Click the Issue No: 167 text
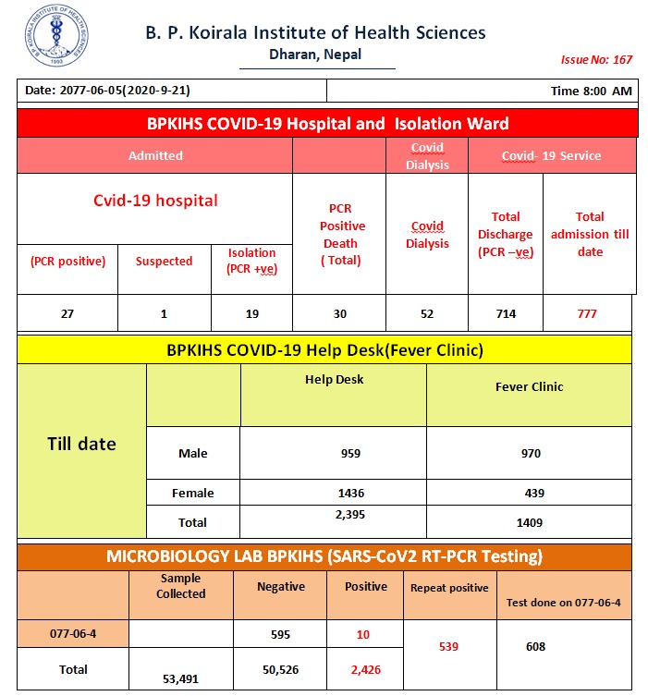(x=596, y=60)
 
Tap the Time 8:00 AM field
(x=591, y=92)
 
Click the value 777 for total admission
(x=586, y=313)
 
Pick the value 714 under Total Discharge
(x=505, y=313)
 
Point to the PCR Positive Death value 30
(x=339, y=313)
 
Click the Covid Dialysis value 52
(x=426, y=313)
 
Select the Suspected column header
(x=164, y=262)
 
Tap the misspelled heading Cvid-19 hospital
(x=155, y=201)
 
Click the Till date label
(x=81, y=445)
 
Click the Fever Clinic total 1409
(x=530, y=522)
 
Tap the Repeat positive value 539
(x=448, y=646)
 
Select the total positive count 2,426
(x=365, y=669)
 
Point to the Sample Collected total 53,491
(x=180, y=678)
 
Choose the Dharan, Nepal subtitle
(x=315, y=55)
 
